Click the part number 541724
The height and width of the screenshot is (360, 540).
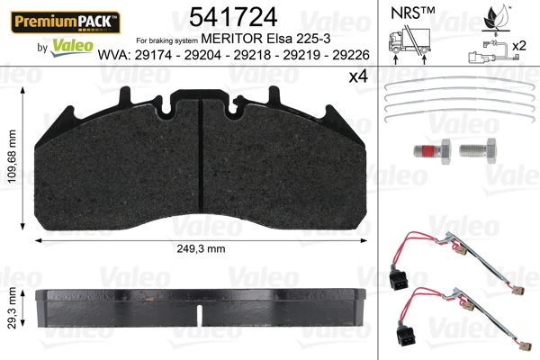233,17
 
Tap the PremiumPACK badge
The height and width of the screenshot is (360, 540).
66,22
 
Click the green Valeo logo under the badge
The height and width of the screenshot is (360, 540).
72,48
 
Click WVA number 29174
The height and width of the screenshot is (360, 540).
153,55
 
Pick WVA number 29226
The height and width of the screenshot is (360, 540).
351,55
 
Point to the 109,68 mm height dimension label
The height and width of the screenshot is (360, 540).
12,157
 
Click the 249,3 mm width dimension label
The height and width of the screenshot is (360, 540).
201,248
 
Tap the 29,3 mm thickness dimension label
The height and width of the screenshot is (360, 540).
12,308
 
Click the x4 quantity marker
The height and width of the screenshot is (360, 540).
358,76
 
